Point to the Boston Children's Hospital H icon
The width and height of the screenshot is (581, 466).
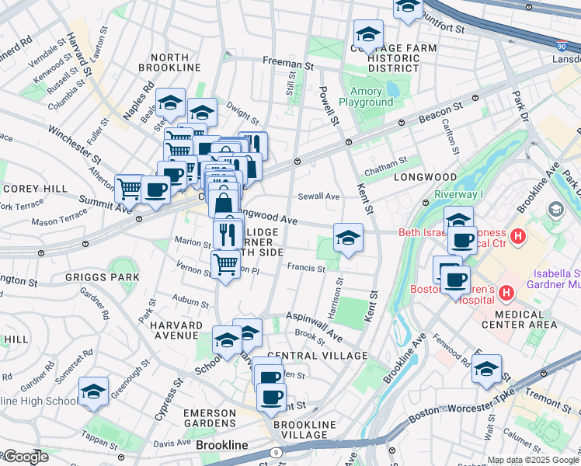coord(506,294)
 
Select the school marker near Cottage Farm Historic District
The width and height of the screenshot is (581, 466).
coord(368,33)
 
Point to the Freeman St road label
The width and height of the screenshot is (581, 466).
coord(287,60)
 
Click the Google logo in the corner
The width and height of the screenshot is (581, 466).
coord(25,457)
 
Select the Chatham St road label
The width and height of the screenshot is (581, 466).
coord(386,162)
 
